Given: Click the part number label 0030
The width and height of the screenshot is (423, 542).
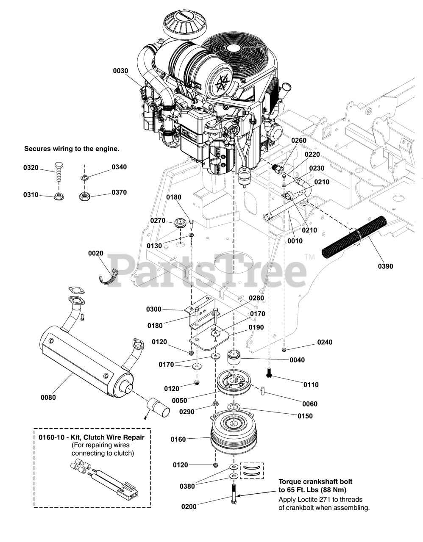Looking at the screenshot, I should (120, 71).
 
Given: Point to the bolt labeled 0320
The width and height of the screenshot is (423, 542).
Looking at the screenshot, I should (58, 171).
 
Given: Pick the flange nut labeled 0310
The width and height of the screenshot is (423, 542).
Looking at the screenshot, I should (58, 196).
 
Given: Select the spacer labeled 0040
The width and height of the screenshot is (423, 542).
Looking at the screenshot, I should (234, 357).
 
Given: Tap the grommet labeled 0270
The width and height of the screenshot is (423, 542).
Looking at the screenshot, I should (181, 222).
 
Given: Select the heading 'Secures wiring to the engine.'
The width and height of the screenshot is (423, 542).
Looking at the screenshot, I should (72, 149).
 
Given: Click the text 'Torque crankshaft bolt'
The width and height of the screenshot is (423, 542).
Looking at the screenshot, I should (315, 482).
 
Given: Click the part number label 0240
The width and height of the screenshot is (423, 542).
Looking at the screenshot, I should (325, 342).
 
